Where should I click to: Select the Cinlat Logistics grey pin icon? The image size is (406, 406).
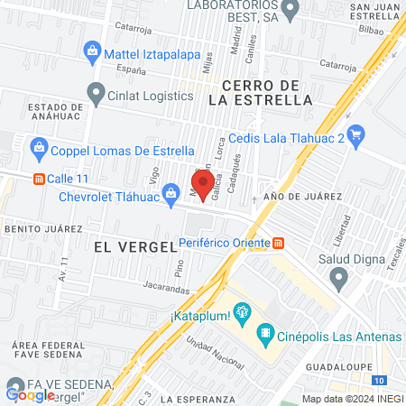[96, 92]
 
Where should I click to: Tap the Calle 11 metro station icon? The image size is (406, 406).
[38, 179]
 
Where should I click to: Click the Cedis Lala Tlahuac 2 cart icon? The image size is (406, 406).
[356, 136]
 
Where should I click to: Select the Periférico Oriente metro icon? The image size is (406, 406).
[279, 243]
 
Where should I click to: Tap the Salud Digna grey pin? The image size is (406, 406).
[339, 281]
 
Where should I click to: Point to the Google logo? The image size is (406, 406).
[30, 394]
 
